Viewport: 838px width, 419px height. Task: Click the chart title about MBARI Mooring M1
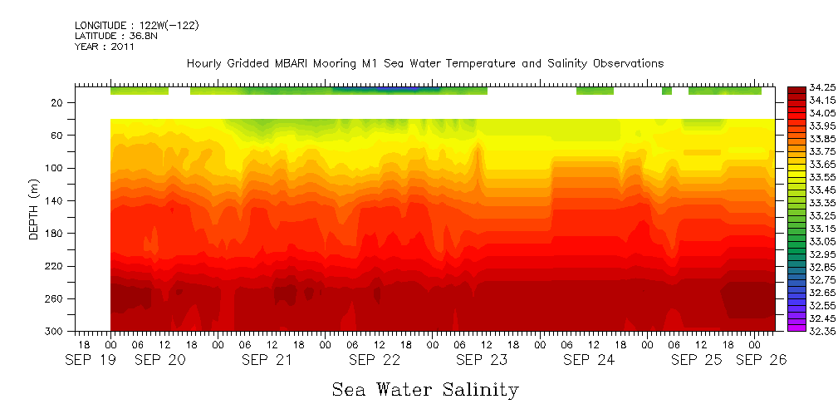pyautogui.click(x=425, y=63)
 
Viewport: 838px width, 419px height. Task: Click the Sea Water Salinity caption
pyautogui.click(x=425, y=389)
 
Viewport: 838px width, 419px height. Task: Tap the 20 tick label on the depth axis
pyautogui.click(x=57, y=102)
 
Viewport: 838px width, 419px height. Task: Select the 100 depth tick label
pyautogui.click(x=55, y=168)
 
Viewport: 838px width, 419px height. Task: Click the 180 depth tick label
pyautogui.click(x=55, y=234)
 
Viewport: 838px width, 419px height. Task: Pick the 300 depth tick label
pyautogui.click(x=55, y=332)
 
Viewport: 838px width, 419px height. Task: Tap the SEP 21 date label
pyautogui.click(x=267, y=360)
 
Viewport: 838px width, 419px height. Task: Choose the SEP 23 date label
pyautogui.click(x=482, y=360)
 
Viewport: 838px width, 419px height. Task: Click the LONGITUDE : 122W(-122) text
pyautogui.click(x=136, y=26)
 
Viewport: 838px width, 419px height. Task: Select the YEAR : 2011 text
pyautogui.click(x=104, y=47)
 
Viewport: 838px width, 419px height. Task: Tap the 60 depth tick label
pyautogui.click(x=57, y=135)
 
